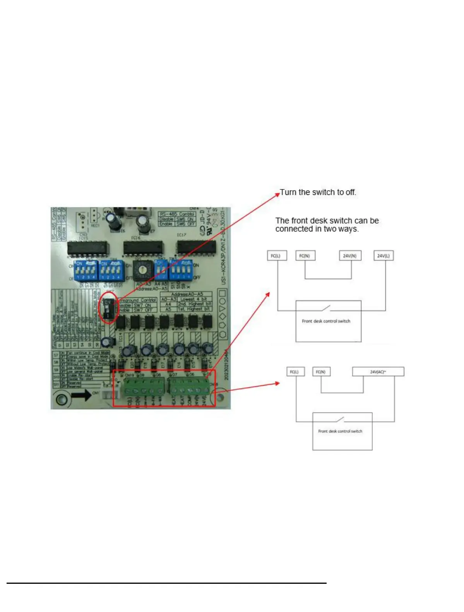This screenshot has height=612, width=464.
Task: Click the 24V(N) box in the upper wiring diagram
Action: (349, 256)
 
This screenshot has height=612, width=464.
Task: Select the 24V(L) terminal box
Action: (384, 256)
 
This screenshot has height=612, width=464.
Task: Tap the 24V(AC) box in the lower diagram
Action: (378, 372)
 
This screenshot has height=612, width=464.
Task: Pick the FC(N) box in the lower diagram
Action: (320, 372)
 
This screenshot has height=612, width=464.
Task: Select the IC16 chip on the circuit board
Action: (143, 248)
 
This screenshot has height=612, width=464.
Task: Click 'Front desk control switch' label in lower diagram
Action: (340, 431)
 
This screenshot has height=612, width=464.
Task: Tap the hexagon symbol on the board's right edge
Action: (223, 334)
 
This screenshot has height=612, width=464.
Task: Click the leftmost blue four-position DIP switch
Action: (86, 271)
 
